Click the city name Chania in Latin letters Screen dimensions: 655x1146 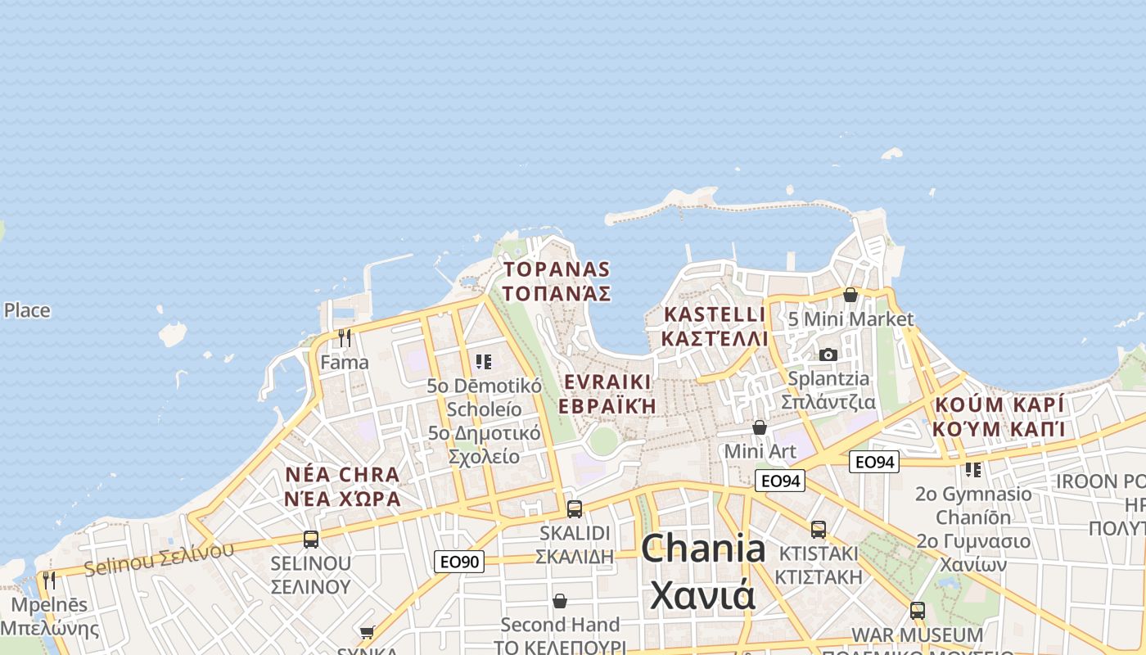point(703,549)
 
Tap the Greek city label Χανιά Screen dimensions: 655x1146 point(703,595)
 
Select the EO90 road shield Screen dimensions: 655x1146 point(458,561)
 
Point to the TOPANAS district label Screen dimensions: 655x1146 point(557,269)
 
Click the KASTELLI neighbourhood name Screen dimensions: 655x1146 point(715,314)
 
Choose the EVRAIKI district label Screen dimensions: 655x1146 point(607,382)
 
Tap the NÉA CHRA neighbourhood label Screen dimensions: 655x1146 point(343,475)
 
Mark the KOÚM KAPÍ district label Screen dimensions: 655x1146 point(999,404)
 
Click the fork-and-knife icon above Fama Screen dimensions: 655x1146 point(345,337)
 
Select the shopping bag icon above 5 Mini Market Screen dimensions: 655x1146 point(850,295)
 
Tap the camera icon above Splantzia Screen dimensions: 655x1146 point(828,355)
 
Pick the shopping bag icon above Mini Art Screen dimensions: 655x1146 point(760,427)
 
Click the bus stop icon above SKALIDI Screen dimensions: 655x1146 point(575,508)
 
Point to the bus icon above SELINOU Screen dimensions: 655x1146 point(311,539)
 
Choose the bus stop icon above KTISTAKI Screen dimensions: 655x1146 point(819,529)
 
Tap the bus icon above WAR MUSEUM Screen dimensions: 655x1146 point(918,610)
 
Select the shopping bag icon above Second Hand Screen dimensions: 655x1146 point(560,601)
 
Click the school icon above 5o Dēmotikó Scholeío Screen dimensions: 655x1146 point(484,361)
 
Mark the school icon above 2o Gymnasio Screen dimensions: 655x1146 point(973,470)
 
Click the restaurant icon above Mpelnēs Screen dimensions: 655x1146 point(49,580)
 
